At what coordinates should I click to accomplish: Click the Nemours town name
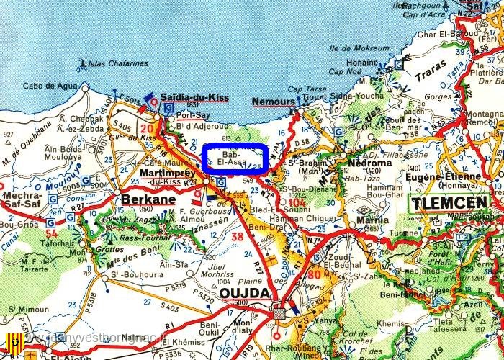click(273, 102)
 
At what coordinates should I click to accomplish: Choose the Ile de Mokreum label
click(354, 49)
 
